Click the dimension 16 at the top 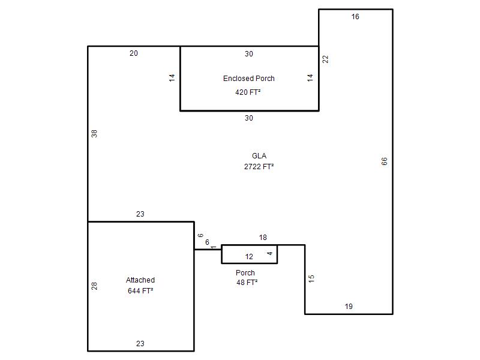coord(355,17)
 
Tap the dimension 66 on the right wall coord(384,161)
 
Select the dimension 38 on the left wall coord(94,134)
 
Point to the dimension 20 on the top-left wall coord(133,53)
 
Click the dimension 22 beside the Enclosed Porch coord(325,59)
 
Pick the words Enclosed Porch coord(248,79)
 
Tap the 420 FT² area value coord(248,92)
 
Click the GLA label coord(259,156)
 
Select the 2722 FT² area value coord(259,167)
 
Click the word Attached coord(140,280)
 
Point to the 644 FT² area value coord(140,290)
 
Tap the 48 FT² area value coord(247,282)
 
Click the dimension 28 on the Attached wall coord(94,286)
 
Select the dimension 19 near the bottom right coord(349,307)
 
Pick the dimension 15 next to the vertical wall coord(311,278)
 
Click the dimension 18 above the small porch coord(263,237)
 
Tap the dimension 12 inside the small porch coord(249,257)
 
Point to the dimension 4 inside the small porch coord(269,253)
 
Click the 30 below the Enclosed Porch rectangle coord(248,118)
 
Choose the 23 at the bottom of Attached coord(140,343)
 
